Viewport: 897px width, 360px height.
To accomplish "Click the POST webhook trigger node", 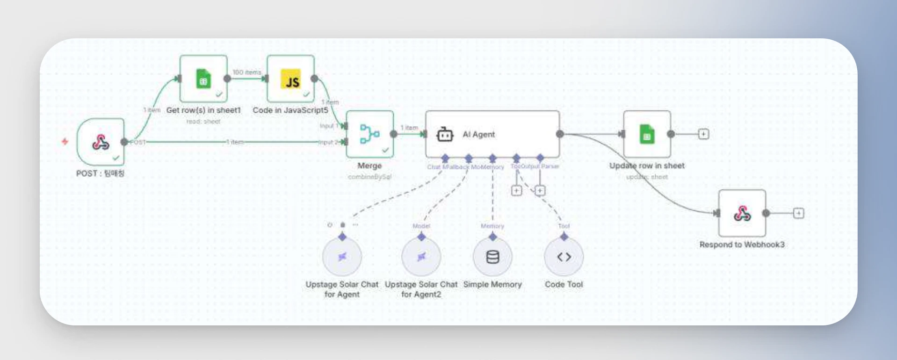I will (x=101, y=142).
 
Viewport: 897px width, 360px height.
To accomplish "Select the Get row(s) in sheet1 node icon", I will (x=203, y=79).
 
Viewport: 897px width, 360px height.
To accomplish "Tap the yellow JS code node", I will (x=290, y=79).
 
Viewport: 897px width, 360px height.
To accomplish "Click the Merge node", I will (x=369, y=134).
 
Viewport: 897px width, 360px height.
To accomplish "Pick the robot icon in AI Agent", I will (x=444, y=135).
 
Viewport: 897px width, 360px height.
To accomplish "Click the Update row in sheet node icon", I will (x=647, y=134).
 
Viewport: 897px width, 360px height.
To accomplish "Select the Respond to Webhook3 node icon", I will (x=742, y=213).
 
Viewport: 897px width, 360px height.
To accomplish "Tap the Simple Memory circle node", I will (x=492, y=257).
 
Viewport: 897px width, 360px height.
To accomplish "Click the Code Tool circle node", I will (x=564, y=257).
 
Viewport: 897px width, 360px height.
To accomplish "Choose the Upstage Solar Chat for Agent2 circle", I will (x=421, y=257).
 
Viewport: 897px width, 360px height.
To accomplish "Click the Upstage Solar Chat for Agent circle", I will (x=342, y=257).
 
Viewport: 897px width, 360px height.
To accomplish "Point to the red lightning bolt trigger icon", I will (x=65, y=141).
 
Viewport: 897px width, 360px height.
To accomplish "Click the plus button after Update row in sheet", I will (x=703, y=134).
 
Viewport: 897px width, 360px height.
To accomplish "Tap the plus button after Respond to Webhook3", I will (x=798, y=213).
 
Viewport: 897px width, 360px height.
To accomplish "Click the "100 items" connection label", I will (x=247, y=72).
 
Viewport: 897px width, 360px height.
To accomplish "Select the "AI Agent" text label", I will (x=478, y=135).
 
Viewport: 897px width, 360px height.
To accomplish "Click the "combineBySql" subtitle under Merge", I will (x=369, y=177).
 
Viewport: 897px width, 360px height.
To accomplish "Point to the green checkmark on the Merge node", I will (x=385, y=150).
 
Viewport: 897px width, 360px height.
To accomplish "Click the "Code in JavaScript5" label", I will (x=290, y=110).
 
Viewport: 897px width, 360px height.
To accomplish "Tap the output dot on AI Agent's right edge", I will (x=560, y=134).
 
